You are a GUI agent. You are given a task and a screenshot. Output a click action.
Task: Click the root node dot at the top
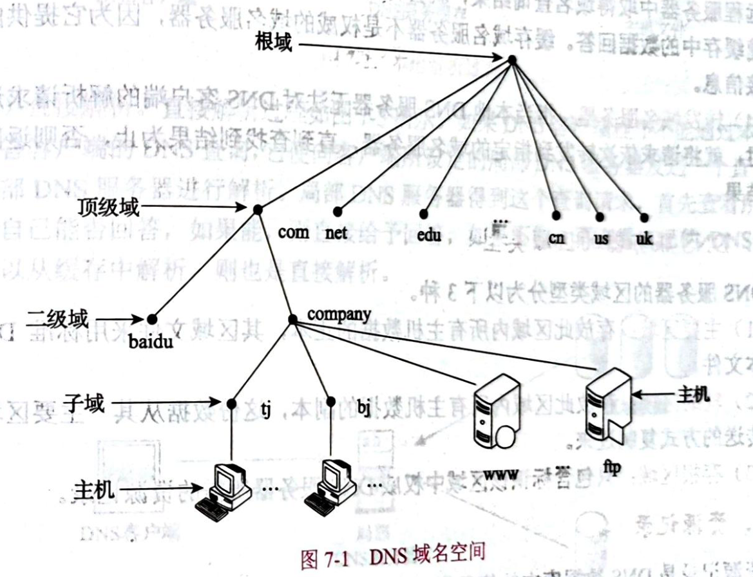click(x=512, y=60)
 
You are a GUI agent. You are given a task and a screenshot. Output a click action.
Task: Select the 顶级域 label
click(x=108, y=207)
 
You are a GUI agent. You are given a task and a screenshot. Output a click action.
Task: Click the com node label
click(x=294, y=232)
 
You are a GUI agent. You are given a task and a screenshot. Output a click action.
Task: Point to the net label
click(x=336, y=232)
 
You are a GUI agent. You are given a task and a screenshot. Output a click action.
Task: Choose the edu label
click(x=429, y=235)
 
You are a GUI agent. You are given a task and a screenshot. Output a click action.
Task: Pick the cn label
click(x=557, y=238)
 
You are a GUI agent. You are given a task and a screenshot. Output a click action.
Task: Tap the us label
click(x=601, y=238)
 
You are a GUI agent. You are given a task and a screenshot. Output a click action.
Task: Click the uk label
click(x=644, y=239)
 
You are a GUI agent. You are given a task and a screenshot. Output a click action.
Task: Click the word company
click(x=339, y=314)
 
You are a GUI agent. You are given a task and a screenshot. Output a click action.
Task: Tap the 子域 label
click(x=84, y=403)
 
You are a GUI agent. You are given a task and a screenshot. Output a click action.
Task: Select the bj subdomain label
click(x=363, y=410)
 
